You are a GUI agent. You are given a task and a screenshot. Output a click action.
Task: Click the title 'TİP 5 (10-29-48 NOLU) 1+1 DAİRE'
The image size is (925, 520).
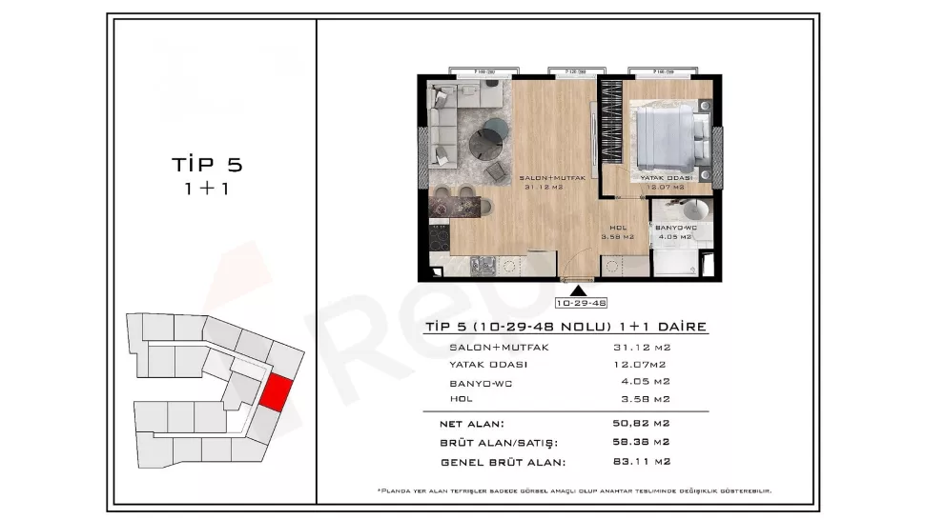(564, 327)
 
